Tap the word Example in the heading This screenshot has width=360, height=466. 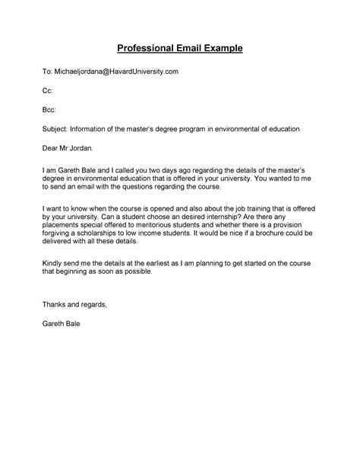(222, 49)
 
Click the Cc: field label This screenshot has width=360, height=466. (47, 90)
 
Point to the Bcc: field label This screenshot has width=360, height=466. (49, 110)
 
